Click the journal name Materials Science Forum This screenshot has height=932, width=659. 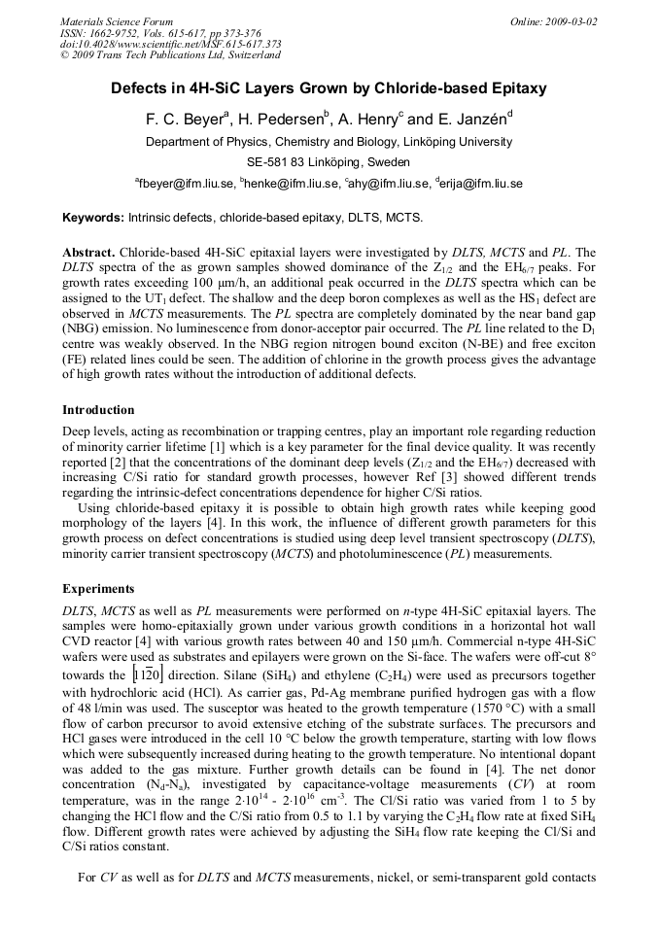[x=117, y=21]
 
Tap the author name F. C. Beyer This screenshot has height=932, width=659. [x=186, y=120]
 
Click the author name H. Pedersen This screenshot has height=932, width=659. [x=282, y=120]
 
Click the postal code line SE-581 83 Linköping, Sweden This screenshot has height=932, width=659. [x=329, y=162]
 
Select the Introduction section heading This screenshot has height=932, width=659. [x=98, y=409]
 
